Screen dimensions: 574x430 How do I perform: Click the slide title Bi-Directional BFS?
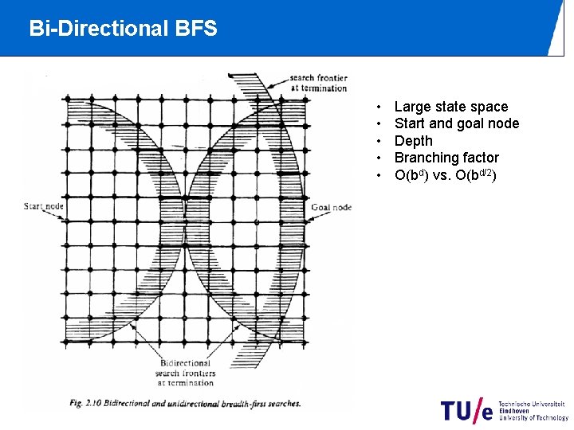point(123,29)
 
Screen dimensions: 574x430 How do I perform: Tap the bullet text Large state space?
point(450,107)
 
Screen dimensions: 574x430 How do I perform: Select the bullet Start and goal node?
point(456,123)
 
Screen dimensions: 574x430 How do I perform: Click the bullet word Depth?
point(413,141)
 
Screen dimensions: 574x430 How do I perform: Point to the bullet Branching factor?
point(446,158)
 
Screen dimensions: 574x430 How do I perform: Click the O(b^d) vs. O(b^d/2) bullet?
point(446,175)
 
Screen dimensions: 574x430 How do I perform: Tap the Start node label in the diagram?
point(44,207)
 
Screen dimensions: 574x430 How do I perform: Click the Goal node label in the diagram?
point(331,207)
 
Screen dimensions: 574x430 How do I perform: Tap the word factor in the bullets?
point(480,158)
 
